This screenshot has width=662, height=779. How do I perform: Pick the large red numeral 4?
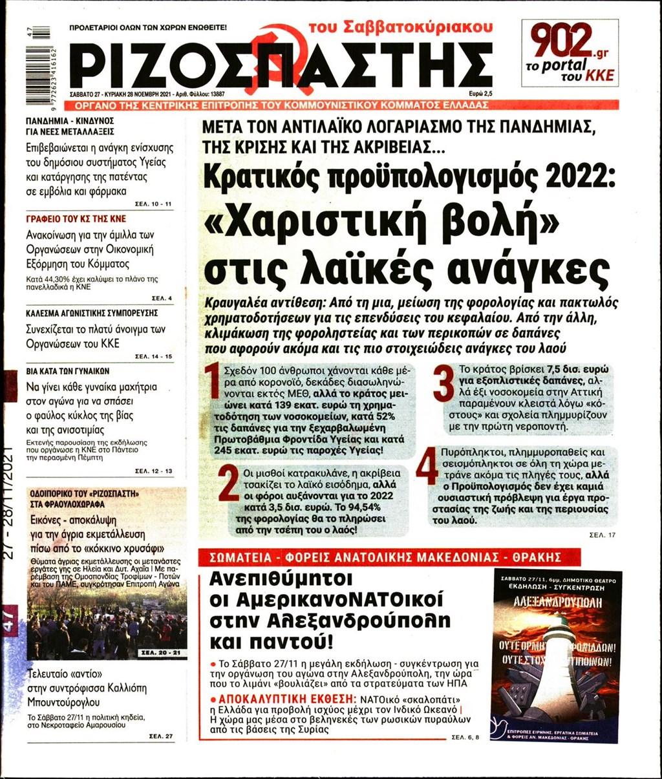point(427,468)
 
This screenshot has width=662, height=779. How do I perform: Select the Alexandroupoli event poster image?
point(556,656)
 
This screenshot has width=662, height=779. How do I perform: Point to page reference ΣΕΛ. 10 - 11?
point(154,204)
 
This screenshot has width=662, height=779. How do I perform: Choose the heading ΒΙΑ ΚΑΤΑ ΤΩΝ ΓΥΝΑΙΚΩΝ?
point(68,371)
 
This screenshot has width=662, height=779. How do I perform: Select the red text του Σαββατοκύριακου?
point(400,27)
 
